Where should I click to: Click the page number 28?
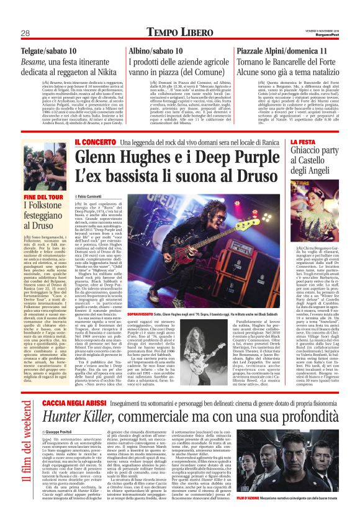click(26, 34)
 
